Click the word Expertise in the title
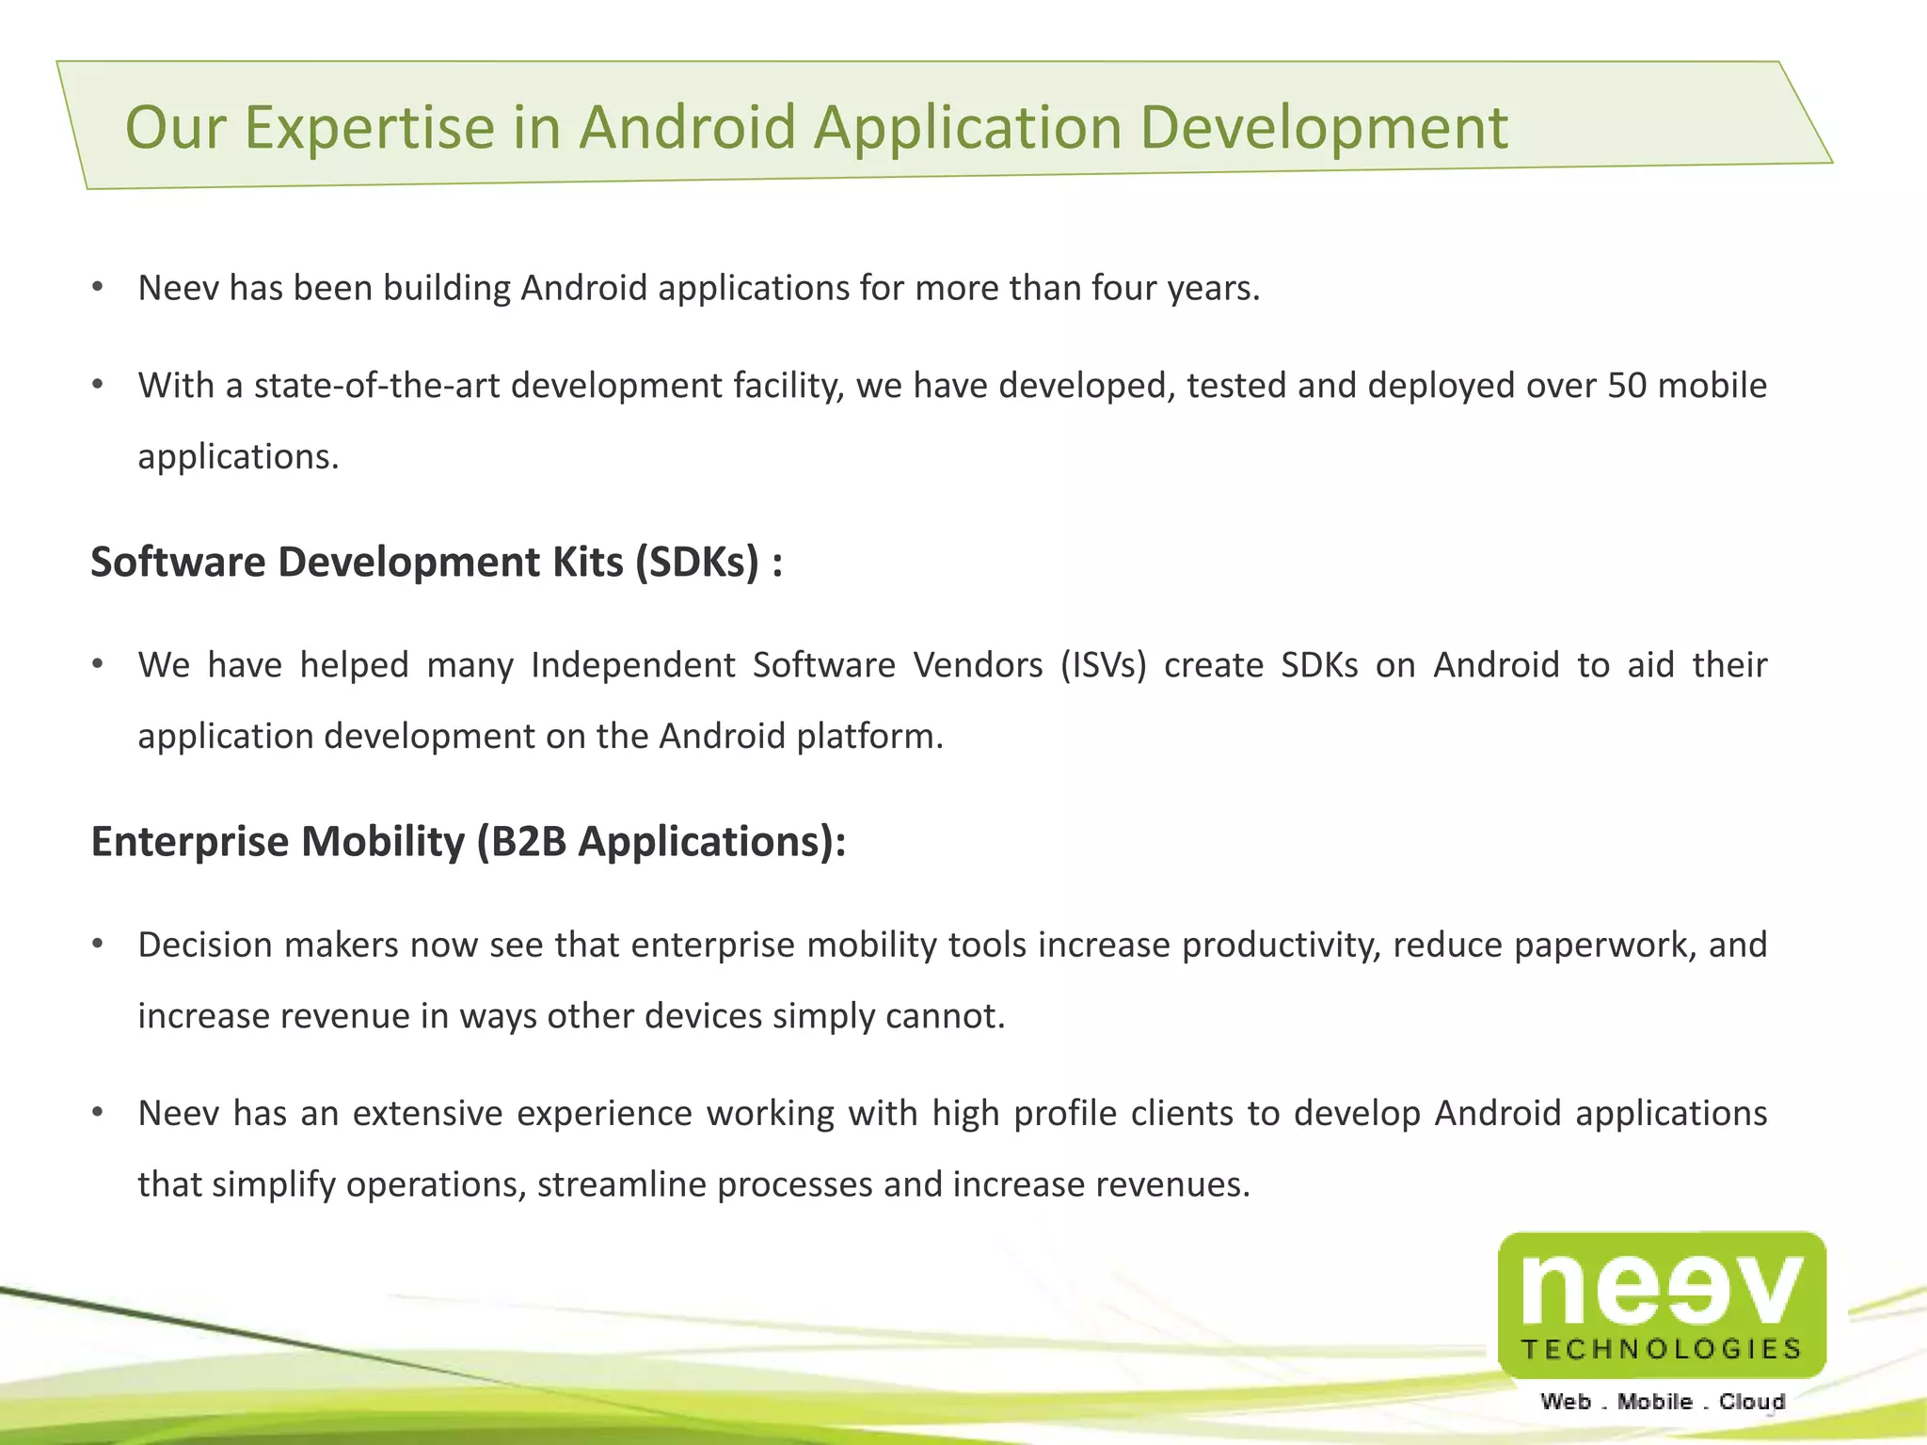pyautogui.click(x=369, y=128)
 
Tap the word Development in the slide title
pyautogui.click(x=1324, y=128)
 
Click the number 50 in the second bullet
pyautogui.click(x=1627, y=386)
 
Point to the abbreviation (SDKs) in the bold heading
pyautogui.click(x=696, y=563)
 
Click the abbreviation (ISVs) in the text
pyautogui.click(x=1103, y=665)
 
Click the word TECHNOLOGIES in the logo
pyautogui.click(x=1662, y=1350)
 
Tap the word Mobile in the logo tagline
pyautogui.click(x=1654, y=1402)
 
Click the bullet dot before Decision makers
pyautogui.click(x=97, y=944)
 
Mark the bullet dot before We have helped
pyautogui.click(x=97, y=664)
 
